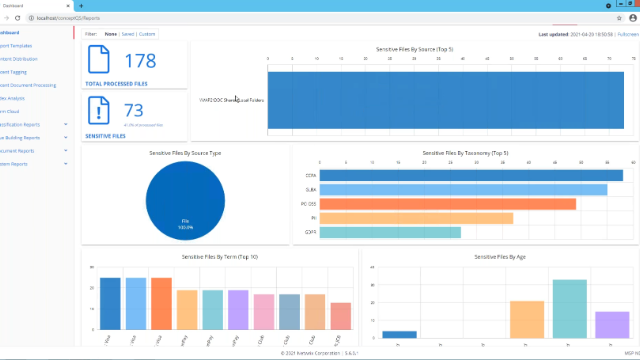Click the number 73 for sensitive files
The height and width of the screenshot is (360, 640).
pyautogui.click(x=134, y=111)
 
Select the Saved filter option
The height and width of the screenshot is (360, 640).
pyautogui.click(x=128, y=33)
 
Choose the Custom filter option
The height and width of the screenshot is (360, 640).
pyautogui.click(x=148, y=33)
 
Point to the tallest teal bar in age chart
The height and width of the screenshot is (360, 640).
pyautogui.click(x=569, y=308)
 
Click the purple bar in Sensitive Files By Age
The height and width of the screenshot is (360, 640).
pyautogui.click(x=612, y=324)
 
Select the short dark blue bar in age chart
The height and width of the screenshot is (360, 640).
pyautogui.click(x=400, y=334)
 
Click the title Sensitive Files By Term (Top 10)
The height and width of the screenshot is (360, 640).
pyautogui.click(x=219, y=257)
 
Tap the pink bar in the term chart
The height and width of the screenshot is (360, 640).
pyautogui.click(x=264, y=312)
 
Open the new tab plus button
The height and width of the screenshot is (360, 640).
pyautogui.click(x=81, y=6)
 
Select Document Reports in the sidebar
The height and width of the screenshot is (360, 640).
pyautogui.click(x=20, y=150)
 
